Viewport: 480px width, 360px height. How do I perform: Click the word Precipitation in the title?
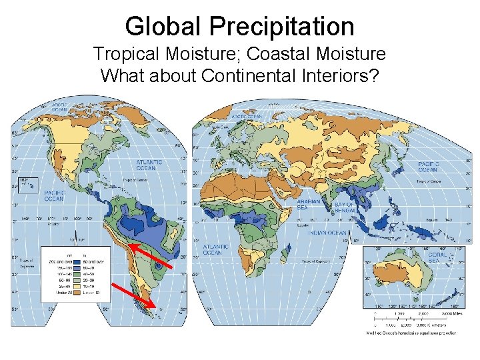pos(282,27)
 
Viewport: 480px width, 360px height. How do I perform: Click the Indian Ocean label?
pos(327,233)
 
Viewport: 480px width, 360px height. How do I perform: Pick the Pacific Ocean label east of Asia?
pos(428,166)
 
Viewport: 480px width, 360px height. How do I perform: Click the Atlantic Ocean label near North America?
pos(149,165)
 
